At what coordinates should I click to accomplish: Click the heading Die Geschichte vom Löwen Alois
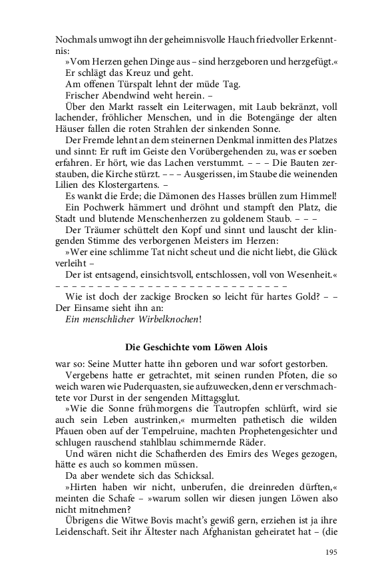click(x=197, y=346)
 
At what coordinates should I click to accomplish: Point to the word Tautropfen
click(x=226, y=410)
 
